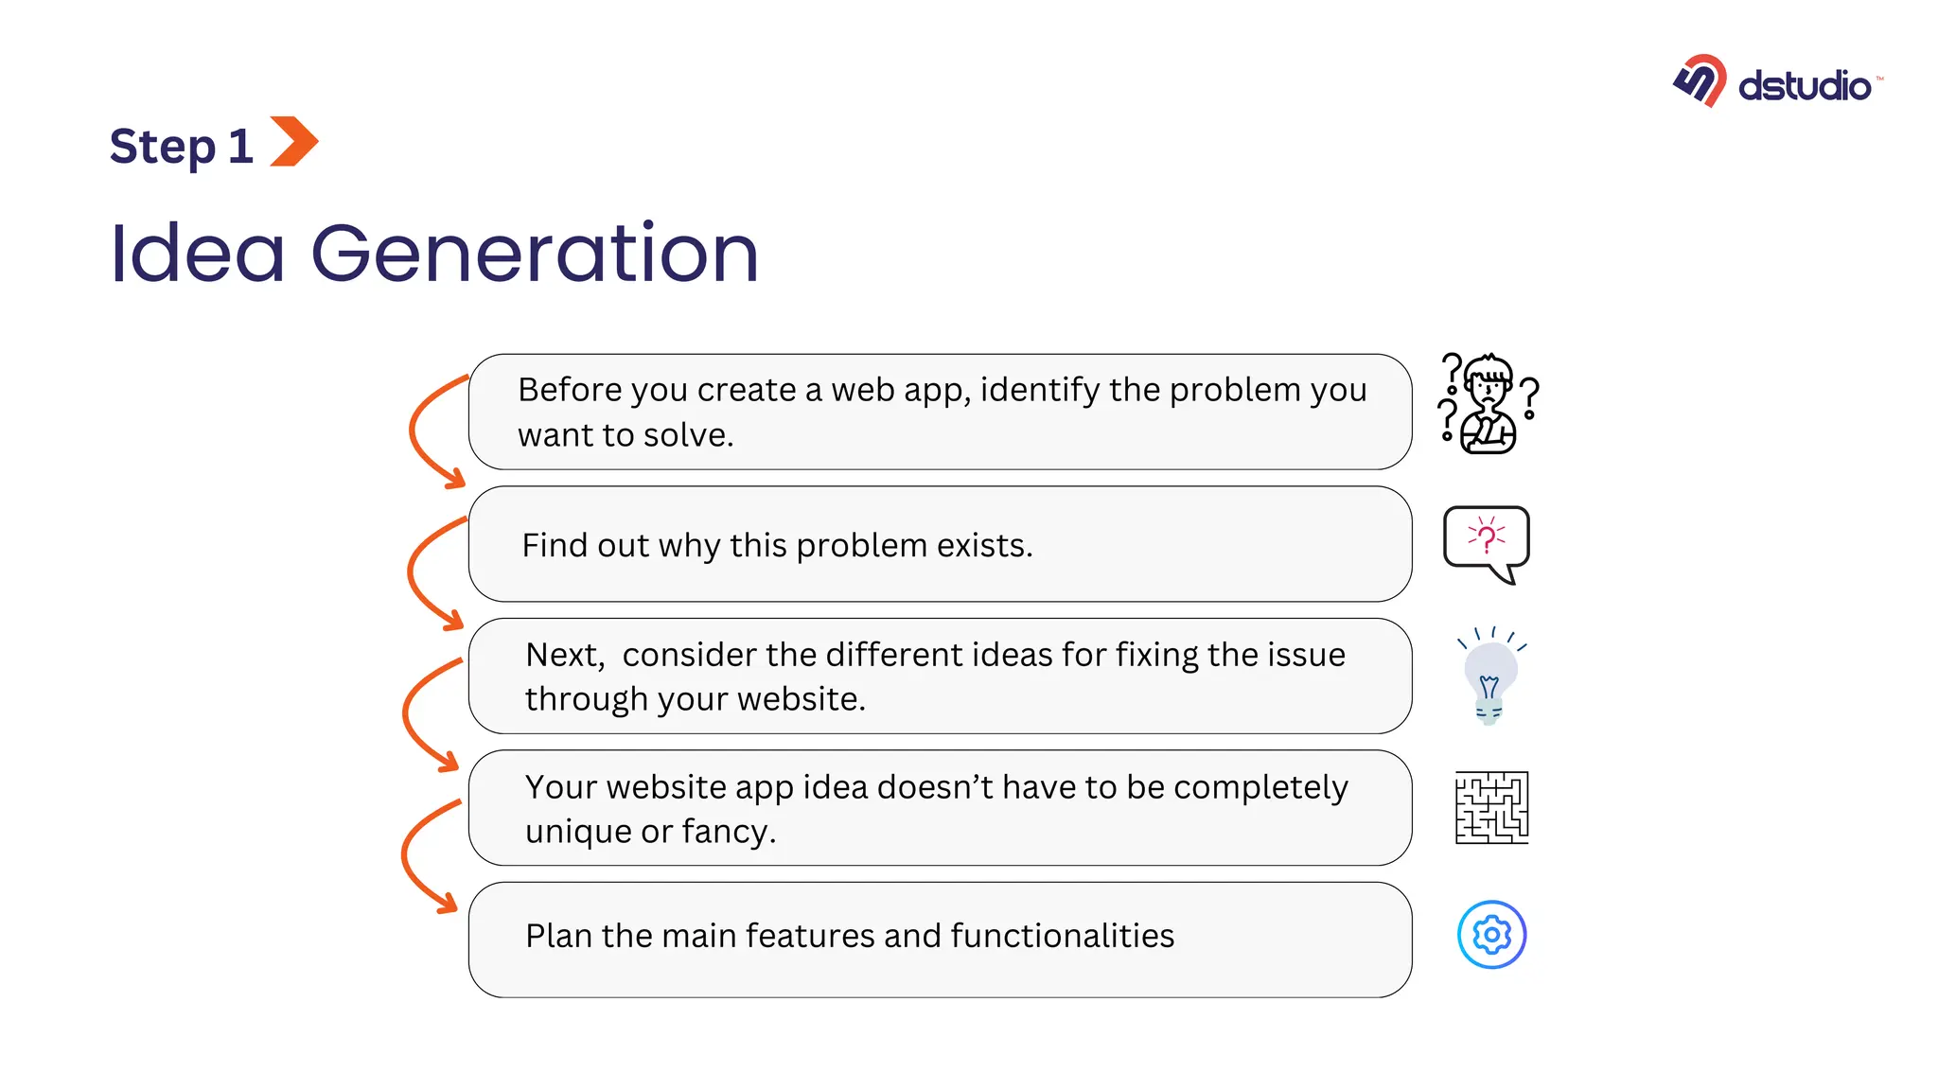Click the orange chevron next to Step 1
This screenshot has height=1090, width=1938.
pyautogui.click(x=293, y=142)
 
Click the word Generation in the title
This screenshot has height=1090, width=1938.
pyautogui.click(x=535, y=253)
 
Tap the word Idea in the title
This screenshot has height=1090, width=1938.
pyautogui.click(x=197, y=253)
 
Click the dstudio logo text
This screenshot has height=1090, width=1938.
pyautogui.click(x=1804, y=86)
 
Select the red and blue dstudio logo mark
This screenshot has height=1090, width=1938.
pyautogui.click(x=1700, y=80)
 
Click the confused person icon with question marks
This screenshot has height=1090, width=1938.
pyautogui.click(x=1489, y=404)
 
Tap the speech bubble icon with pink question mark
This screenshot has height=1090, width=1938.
pyautogui.click(x=1486, y=542)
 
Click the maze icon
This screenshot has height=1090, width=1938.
pyautogui.click(x=1491, y=807)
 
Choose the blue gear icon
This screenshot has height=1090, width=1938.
pyautogui.click(x=1491, y=935)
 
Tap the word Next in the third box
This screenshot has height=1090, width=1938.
pyautogui.click(x=564, y=655)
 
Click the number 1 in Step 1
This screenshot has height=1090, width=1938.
pyautogui.click(x=240, y=147)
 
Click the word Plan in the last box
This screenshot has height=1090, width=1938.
pyautogui.click(x=558, y=936)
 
